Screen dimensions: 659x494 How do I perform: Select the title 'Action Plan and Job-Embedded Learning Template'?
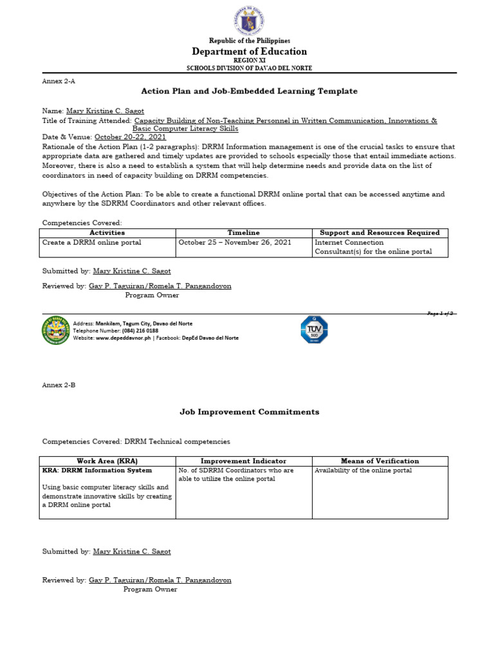pyautogui.click(x=249, y=91)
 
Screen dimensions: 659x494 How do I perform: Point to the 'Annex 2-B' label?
pyautogui.click(x=59, y=385)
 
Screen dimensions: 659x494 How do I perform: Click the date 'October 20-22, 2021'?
pyautogui.click(x=131, y=137)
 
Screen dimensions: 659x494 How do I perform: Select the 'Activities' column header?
pyautogui.click(x=107, y=232)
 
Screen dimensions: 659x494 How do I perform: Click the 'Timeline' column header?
pyautogui.click(x=244, y=232)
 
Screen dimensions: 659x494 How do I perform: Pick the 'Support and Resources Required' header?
pyautogui.click(x=380, y=232)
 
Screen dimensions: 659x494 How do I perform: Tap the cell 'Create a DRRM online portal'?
pyautogui.click(x=91, y=243)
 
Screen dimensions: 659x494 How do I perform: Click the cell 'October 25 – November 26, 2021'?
pyautogui.click(x=235, y=243)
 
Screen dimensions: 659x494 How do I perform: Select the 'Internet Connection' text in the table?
pyautogui.click(x=349, y=243)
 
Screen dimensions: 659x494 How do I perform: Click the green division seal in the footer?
pyautogui.click(x=55, y=330)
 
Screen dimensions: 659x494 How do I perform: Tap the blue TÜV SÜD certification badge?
pyautogui.click(x=314, y=329)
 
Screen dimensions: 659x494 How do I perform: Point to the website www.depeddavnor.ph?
pyautogui.click(x=123, y=338)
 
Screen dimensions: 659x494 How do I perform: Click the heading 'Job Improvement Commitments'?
pyautogui.click(x=248, y=412)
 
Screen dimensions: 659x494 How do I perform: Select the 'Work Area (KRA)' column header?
pyautogui.click(x=107, y=461)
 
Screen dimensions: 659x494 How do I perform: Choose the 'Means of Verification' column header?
pyautogui.click(x=380, y=461)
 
